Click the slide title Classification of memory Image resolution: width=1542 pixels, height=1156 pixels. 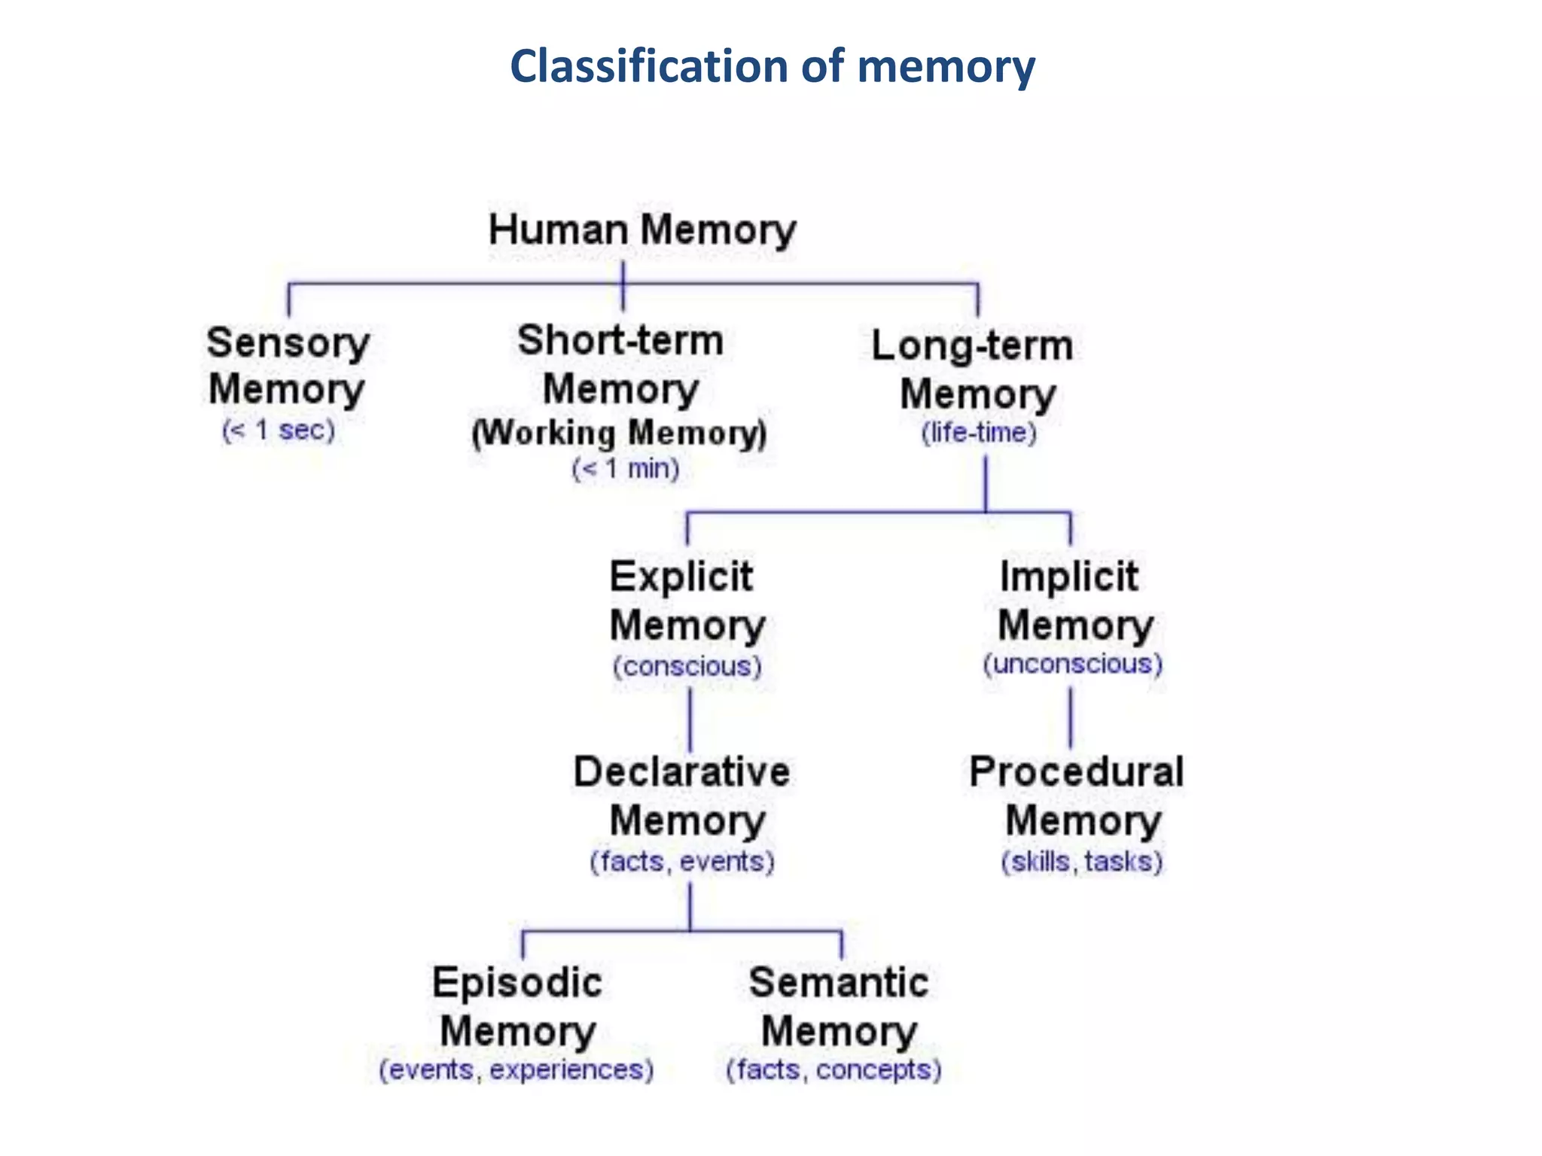772,66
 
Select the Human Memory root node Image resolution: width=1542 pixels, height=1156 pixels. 641,230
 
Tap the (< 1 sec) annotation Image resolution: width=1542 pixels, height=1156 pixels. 278,430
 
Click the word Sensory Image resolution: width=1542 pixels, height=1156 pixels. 288,343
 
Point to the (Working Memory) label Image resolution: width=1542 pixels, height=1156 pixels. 619,433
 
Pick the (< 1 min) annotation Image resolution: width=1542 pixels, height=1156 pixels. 625,469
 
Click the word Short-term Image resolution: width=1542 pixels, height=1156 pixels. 620,340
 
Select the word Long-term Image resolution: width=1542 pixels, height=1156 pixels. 972,346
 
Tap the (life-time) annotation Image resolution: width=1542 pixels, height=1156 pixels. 979,433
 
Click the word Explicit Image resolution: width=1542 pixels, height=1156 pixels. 681,577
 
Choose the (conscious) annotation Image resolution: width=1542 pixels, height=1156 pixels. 687,666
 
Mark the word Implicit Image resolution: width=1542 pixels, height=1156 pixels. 1069,577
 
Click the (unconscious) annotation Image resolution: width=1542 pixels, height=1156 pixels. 1072,664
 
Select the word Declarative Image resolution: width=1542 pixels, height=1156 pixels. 681,772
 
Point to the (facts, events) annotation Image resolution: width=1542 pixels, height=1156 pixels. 681,861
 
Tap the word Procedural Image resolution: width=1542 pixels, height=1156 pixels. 1076,772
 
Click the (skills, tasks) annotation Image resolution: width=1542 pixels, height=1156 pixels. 1081,861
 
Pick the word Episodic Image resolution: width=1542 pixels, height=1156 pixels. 517,983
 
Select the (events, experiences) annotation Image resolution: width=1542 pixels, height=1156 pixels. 516,1069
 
